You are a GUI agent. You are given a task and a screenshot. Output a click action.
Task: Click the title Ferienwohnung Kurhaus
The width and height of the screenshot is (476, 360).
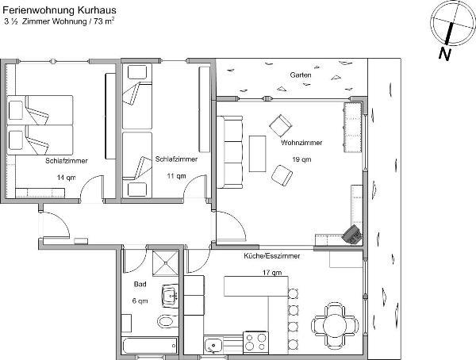click(59, 10)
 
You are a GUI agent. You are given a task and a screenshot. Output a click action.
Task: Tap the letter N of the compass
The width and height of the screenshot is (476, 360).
click(445, 54)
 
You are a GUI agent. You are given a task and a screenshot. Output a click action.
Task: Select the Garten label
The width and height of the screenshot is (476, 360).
click(301, 75)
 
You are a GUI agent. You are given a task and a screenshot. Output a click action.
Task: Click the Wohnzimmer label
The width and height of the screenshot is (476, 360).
click(301, 143)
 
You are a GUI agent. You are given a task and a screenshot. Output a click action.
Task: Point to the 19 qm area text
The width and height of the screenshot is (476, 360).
click(301, 159)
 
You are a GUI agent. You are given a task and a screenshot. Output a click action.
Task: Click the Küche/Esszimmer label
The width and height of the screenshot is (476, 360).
click(272, 256)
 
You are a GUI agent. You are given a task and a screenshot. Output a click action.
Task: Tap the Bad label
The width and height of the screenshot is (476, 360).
click(140, 284)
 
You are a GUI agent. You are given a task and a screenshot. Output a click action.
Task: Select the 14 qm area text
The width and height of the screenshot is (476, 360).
click(66, 178)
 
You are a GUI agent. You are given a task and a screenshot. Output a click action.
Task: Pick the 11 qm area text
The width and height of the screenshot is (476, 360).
click(176, 176)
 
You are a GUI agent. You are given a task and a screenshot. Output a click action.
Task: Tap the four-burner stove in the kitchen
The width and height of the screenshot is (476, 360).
click(256, 342)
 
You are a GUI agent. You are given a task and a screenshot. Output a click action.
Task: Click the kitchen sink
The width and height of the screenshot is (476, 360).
click(213, 345)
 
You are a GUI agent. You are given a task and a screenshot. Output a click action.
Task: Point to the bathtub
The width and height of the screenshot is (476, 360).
click(150, 345)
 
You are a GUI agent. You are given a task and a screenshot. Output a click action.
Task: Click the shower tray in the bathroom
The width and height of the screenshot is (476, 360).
click(166, 263)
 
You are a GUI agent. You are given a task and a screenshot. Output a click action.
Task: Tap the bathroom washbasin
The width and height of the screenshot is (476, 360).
click(170, 295)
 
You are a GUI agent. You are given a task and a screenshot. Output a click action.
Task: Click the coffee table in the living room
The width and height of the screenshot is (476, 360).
click(257, 154)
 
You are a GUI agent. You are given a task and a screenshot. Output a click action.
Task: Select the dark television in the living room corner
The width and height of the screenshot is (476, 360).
click(352, 235)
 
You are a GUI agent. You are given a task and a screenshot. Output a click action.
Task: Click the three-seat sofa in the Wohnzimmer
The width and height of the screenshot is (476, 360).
click(230, 151)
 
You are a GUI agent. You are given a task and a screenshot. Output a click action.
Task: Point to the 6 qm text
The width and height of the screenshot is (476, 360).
click(140, 301)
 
